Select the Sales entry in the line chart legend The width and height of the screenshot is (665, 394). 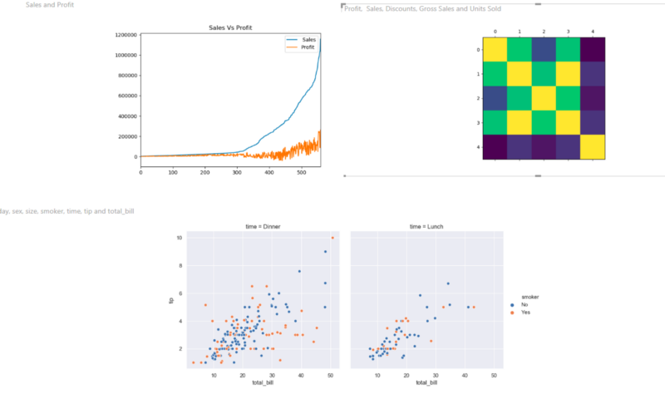pos(308,40)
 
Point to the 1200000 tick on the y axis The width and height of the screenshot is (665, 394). pos(126,35)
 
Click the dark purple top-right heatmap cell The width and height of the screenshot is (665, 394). pos(593,50)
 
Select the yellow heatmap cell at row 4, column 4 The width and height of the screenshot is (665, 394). pos(593,146)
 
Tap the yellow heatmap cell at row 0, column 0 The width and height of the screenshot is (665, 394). pos(495,50)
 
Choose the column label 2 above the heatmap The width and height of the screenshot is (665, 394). pos(544,32)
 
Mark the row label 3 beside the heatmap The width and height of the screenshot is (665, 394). pos(477,122)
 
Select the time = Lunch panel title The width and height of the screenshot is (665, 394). pos(427,227)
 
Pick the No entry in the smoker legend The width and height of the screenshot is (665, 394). pos(525,305)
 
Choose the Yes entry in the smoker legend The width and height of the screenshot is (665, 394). pos(525,313)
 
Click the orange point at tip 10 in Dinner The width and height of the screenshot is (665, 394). pos(332,238)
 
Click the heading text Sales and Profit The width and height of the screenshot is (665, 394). pos(50,6)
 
